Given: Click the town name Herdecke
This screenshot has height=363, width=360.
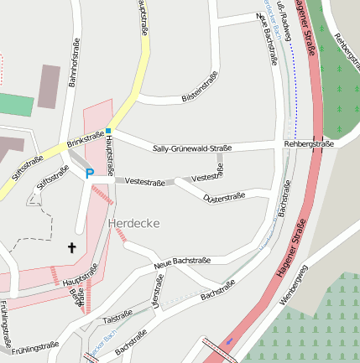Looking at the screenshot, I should pos(133,223).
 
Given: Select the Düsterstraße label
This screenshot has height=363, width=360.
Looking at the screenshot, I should pos(223,197).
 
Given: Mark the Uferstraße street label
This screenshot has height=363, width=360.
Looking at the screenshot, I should pos(154,294).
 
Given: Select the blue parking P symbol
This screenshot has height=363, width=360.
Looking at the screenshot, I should pos(89,174).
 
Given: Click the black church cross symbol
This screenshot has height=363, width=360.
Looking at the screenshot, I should pos(71,247).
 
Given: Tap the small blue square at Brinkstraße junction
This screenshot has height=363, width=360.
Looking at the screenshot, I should pos(108,131).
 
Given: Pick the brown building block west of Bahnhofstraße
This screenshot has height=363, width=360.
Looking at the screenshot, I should pos(50,87).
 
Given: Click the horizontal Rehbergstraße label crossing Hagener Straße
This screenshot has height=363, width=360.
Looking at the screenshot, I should pos(308,144).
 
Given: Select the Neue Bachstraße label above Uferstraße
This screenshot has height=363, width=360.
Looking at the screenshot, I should pos(182,263).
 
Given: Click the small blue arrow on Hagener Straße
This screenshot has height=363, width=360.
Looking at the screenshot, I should pos(228,341).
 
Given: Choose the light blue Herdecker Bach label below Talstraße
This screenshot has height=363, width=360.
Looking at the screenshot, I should pos(105,342).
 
